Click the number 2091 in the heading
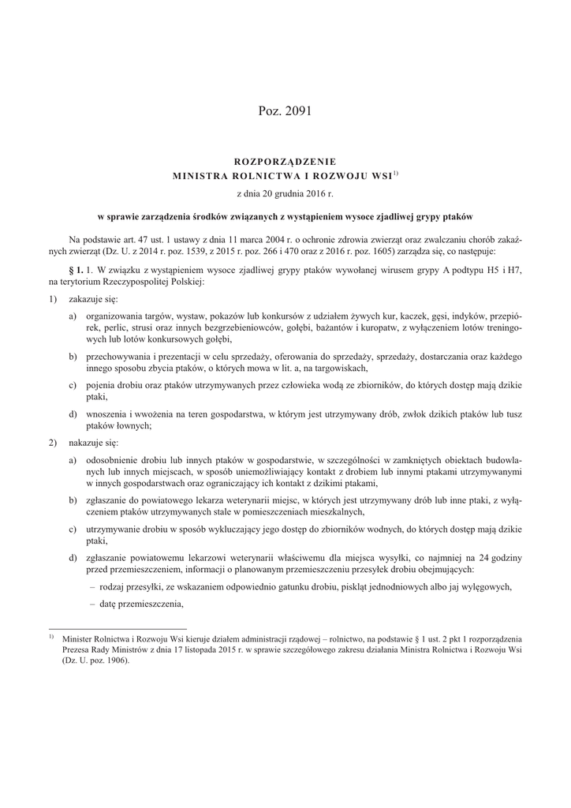(x=297, y=111)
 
